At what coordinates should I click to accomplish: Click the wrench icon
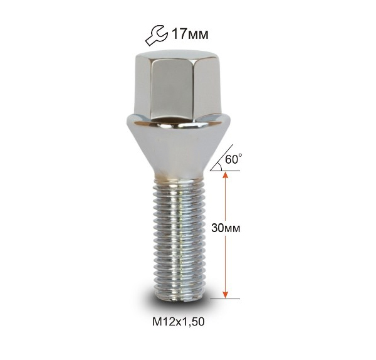tap(156, 35)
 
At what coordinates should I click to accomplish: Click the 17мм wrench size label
tap(190, 34)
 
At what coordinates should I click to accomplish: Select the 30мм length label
tap(226, 228)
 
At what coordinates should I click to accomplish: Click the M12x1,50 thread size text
tap(179, 322)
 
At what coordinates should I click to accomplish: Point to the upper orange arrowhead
tap(225, 176)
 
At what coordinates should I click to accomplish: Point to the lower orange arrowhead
tap(225, 295)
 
